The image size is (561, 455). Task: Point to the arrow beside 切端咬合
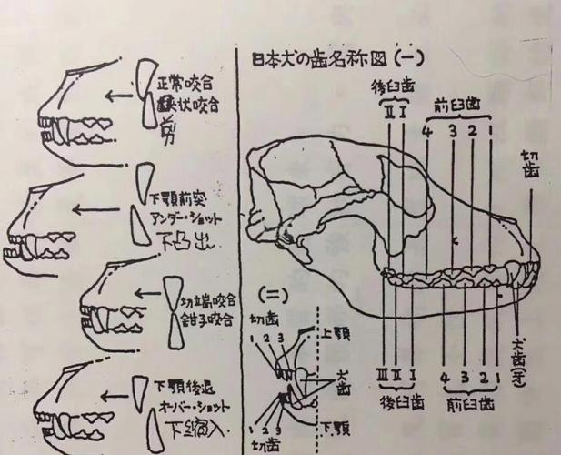151,293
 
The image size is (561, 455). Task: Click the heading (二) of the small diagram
270,296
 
